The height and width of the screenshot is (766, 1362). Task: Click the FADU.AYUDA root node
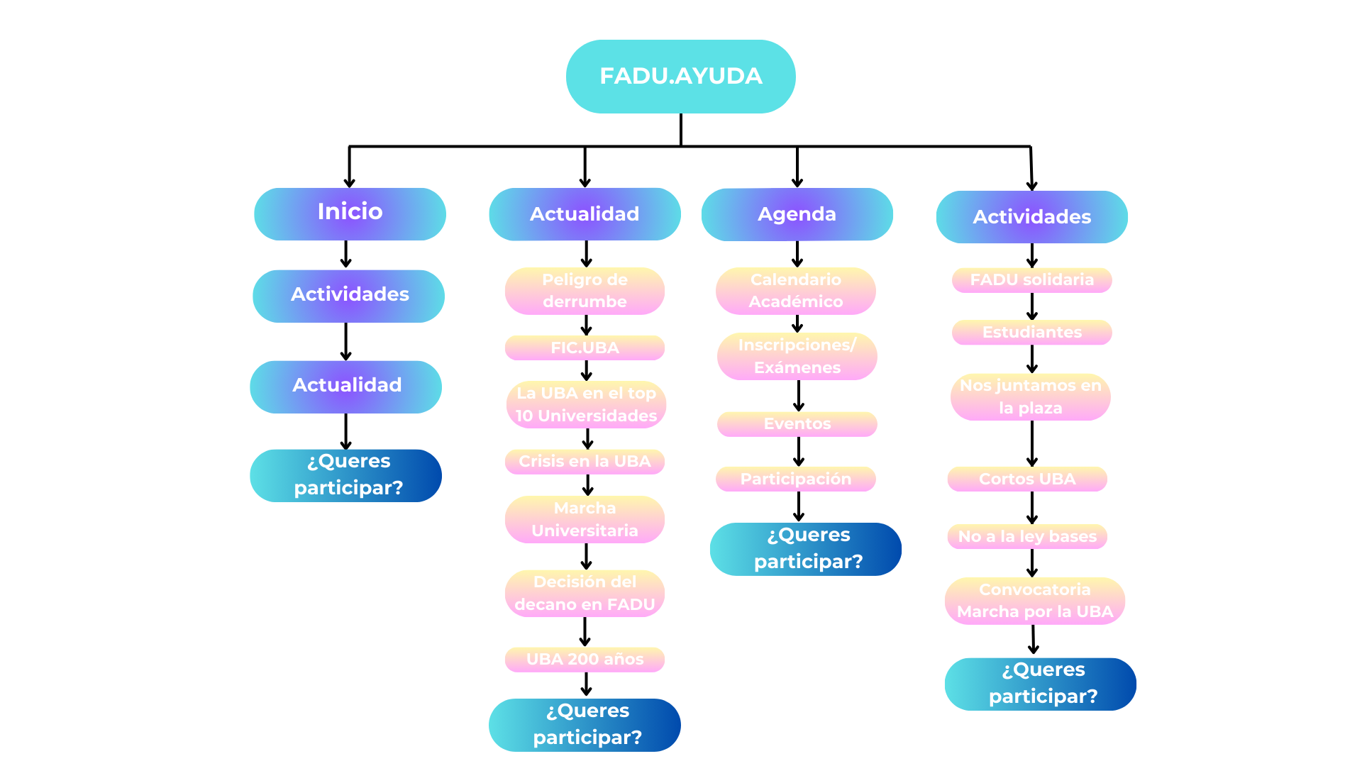pyautogui.click(x=680, y=77)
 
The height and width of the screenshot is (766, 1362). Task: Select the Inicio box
pyautogui.click(x=350, y=213)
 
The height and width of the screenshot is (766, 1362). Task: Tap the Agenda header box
pyautogui.click(x=797, y=214)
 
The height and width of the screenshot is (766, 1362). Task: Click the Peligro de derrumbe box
pyautogui.click(x=585, y=291)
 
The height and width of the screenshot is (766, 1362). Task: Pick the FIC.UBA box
pyautogui.click(x=585, y=348)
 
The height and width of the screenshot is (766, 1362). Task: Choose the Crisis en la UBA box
pyautogui.click(x=585, y=462)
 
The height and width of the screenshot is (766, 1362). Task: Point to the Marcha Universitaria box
pyautogui.click(x=585, y=519)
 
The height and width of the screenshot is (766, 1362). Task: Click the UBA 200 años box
pyautogui.click(x=585, y=660)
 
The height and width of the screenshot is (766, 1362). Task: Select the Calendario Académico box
pyautogui.click(x=796, y=291)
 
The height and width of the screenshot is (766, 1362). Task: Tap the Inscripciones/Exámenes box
pyautogui.click(x=797, y=356)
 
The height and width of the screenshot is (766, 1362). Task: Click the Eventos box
pyautogui.click(x=797, y=424)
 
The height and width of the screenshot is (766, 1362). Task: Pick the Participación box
pyautogui.click(x=796, y=479)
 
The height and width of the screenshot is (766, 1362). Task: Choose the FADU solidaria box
pyautogui.click(x=1031, y=280)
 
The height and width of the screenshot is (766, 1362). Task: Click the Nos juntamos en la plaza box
pyautogui.click(x=1030, y=397)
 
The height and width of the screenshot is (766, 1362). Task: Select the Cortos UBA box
pyautogui.click(x=1027, y=479)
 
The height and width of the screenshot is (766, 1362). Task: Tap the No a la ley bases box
pyautogui.click(x=1027, y=537)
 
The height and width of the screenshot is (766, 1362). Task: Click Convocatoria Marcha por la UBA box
pyautogui.click(x=1034, y=601)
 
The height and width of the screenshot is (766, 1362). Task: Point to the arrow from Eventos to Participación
pyautogui.click(x=799, y=451)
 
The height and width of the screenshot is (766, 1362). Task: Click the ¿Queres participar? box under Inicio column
pyautogui.click(x=346, y=475)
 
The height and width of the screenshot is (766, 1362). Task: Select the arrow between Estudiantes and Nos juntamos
pyautogui.click(x=1032, y=359)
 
